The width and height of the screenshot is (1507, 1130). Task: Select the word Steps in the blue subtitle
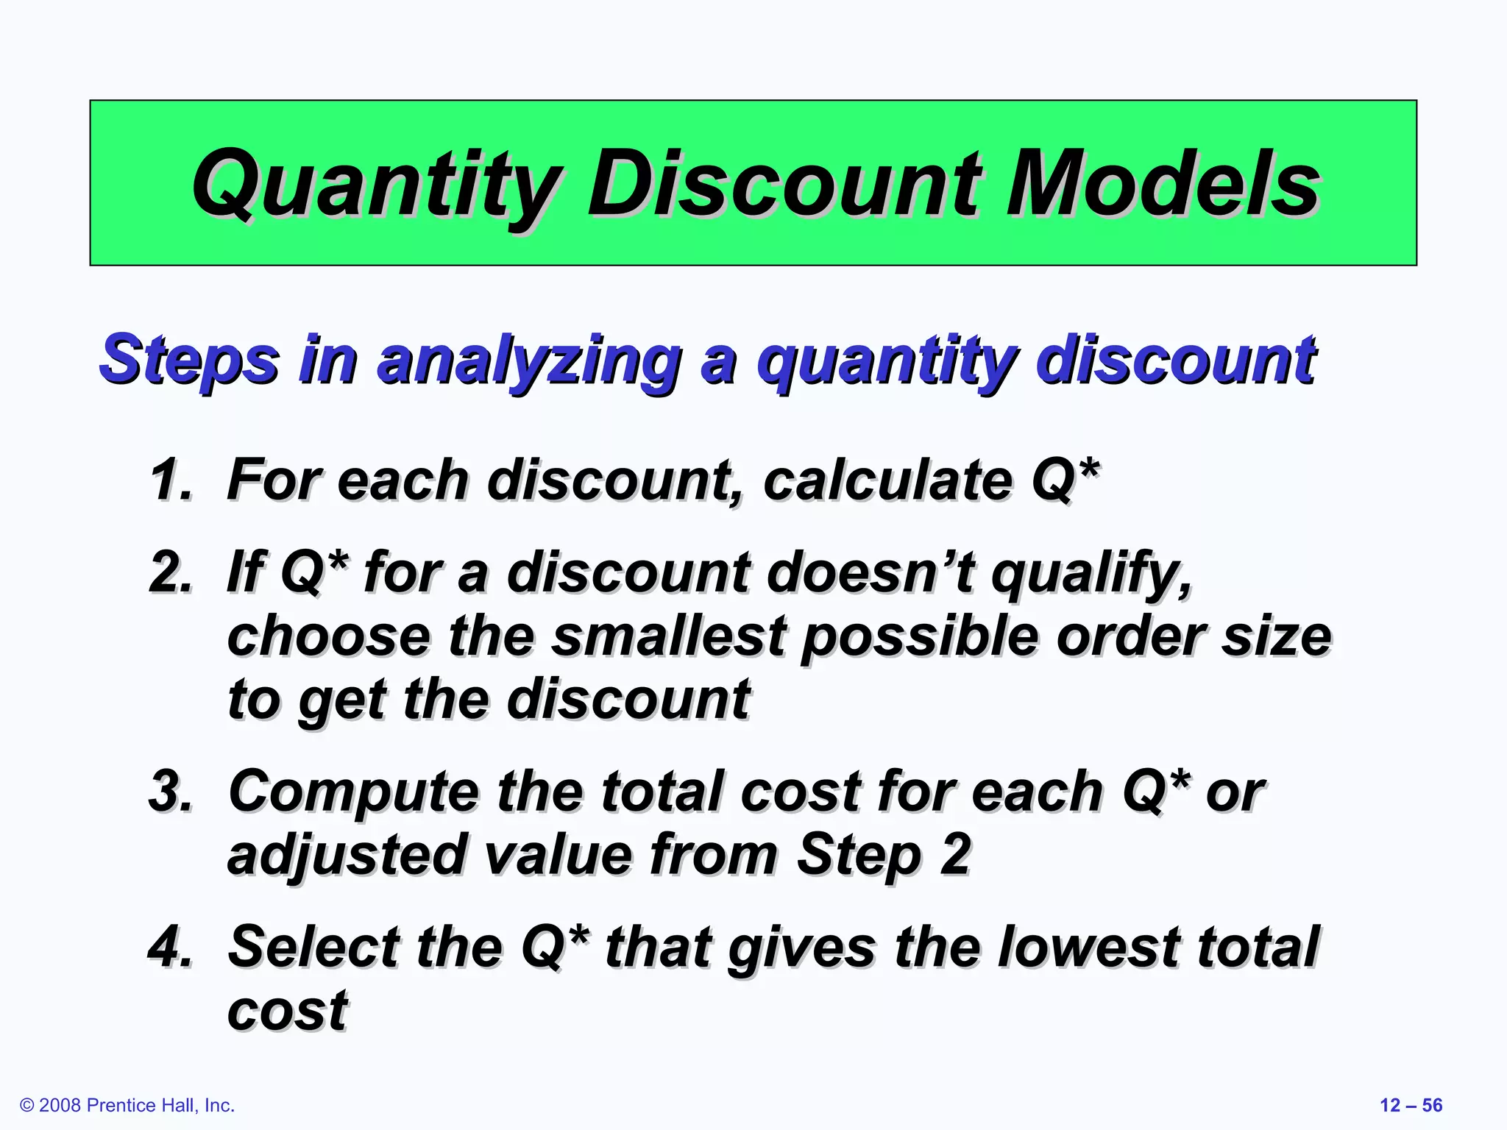(x=189, y=360)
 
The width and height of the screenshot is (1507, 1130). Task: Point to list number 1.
(x=171, y=480)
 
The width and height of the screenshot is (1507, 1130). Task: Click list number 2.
(x=171, y=572)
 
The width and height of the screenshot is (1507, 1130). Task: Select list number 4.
(x=171, y=947)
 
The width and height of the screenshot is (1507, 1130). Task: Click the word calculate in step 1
(x=887, y=480)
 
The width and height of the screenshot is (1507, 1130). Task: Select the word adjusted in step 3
(x=346, y=855)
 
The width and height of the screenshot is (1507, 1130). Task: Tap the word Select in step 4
(x=313, y=947)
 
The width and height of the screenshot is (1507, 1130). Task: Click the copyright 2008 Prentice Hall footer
(x=127, y=1105)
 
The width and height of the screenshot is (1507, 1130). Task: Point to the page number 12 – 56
(x=1411, y=1105)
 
